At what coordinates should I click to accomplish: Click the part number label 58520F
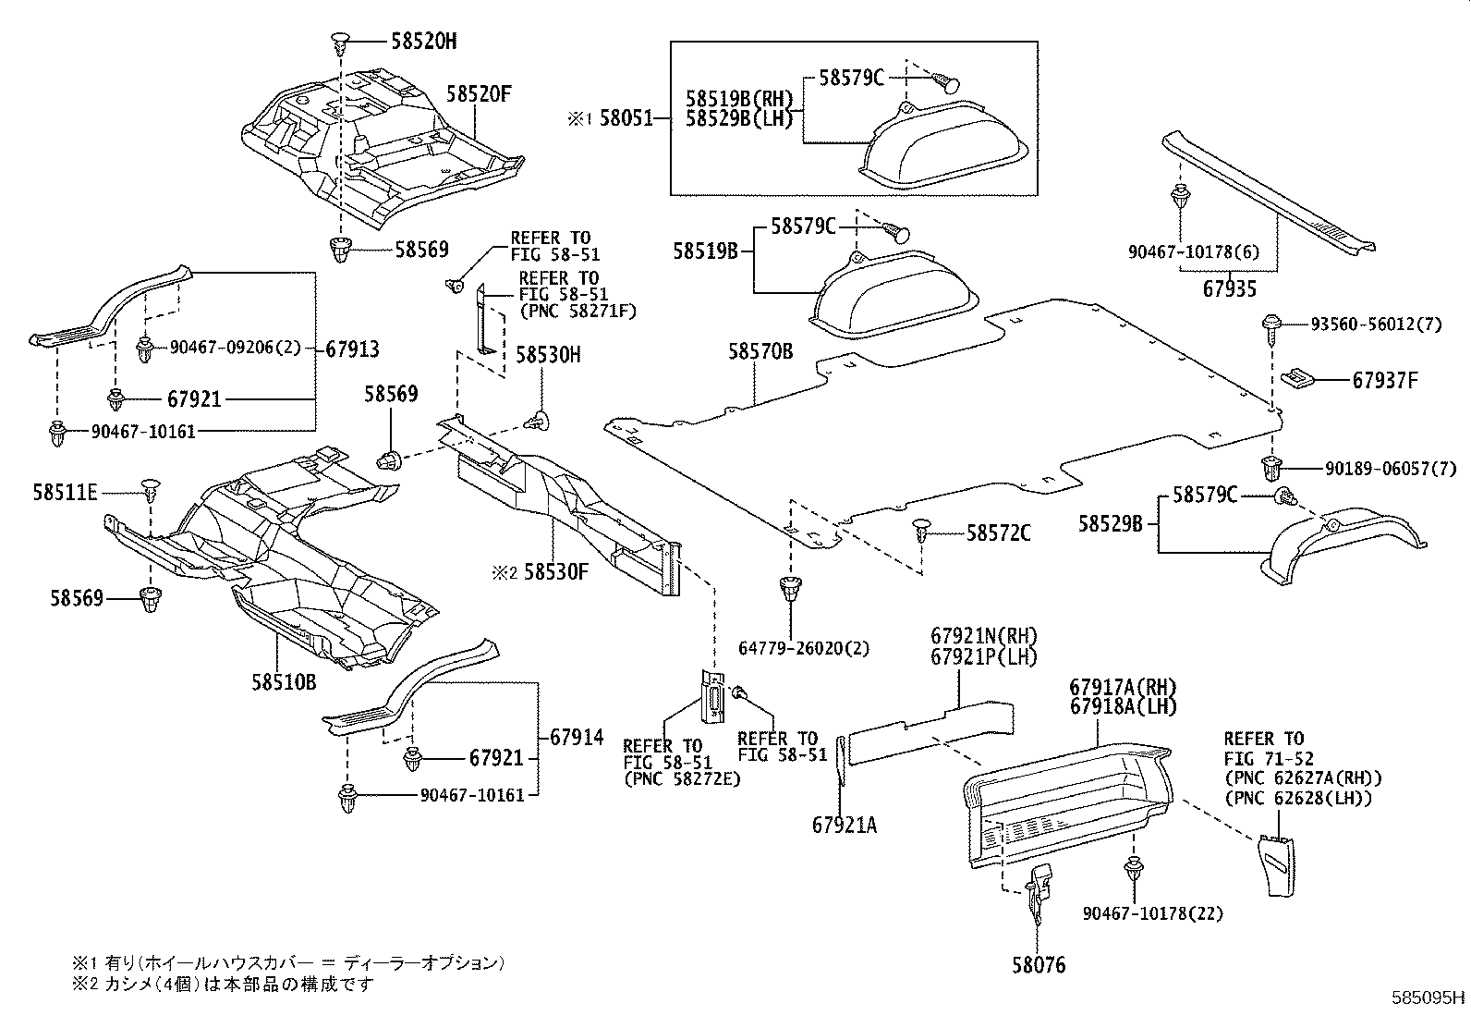[x=479, y=93]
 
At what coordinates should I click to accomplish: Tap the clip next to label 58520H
[x=340, y=41]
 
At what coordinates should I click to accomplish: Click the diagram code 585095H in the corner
[x=1428, y=998]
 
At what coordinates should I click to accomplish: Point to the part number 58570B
[x=760, y=351]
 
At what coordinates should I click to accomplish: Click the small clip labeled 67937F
[x=1298, y=378]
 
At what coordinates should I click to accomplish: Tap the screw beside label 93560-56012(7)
[x=1271, y=325]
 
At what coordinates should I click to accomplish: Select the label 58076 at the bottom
[x=1038, y=966]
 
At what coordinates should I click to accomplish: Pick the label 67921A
[x=845, y=825]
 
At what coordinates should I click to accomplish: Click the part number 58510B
[x=284, y=681]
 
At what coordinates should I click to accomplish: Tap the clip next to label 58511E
[x=150, y=488]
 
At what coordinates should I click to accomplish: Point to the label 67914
[x=576, y=738]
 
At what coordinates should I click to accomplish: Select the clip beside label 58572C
[x=923, y=531]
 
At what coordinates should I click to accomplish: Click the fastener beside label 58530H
[x=536, y=421]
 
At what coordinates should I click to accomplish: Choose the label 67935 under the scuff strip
[x=1229, y=289]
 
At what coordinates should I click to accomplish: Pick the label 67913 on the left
[x=352, y=349]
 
